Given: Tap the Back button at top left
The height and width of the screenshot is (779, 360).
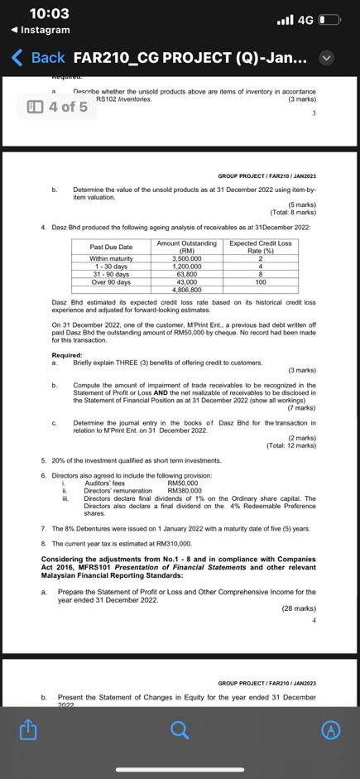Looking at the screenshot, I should [39, 58].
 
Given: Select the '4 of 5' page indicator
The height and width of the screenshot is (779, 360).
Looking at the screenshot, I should [57, 107].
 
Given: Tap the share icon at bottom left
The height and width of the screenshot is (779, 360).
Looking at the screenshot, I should [27, 729].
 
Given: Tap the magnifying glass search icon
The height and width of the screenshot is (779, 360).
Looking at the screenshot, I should [180, 729].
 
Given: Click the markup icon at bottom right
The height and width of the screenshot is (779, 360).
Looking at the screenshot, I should [331, 729].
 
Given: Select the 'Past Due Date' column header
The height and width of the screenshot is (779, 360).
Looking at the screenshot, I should [112, 247].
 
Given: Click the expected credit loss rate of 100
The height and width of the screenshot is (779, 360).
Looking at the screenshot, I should [260, 282].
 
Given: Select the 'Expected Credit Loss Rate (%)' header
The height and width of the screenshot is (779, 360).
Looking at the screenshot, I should [260, 247].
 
